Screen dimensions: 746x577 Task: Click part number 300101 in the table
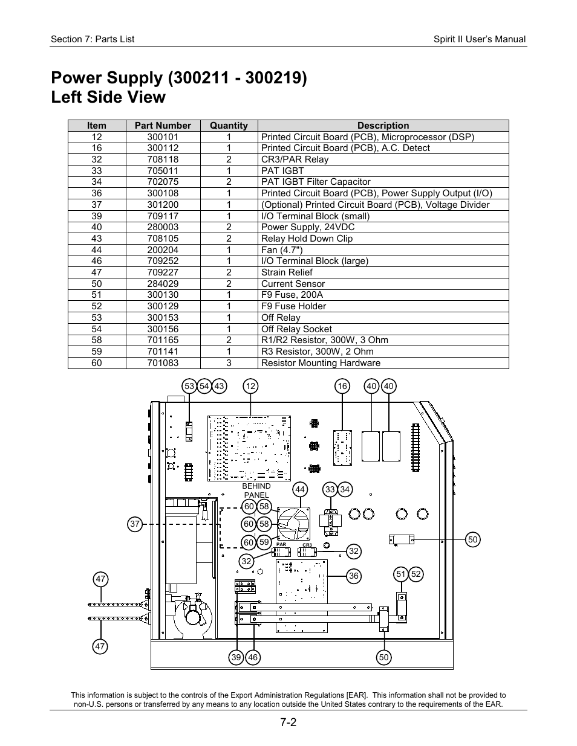tap(163, 137)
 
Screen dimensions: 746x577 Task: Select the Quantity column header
tap(229, 126)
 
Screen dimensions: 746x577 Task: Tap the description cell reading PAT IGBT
tap(282, 171)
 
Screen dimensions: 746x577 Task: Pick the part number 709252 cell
tap(163, 261)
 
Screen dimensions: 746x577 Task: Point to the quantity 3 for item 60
tap(229, 363)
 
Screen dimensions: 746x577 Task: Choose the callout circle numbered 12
tap(250, 387)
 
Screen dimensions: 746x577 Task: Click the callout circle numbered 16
tap(343, 387)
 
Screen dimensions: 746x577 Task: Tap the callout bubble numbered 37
tap(135, 524)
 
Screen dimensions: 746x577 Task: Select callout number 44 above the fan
tap(300, 489)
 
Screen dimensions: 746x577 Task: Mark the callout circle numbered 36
tap(354, 576)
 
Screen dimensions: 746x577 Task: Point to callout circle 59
tap(264, 542)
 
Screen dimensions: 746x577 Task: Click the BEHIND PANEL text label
tap(256, 490)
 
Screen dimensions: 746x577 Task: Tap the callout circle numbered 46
tap(253, 658)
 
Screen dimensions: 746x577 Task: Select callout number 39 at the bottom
tap(236, 658)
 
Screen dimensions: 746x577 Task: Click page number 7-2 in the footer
tap(288, 722)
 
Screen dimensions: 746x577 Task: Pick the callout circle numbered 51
tap(400, 574)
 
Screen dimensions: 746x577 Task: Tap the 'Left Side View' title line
tap(108, 97)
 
